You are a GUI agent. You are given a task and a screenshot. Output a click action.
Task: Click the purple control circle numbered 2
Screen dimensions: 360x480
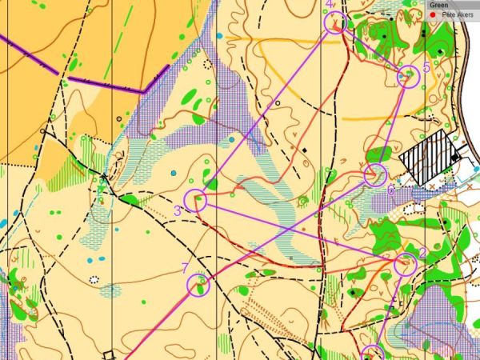coord(406,263)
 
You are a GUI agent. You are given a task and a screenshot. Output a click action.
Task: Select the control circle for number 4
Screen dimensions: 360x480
coord(336,22)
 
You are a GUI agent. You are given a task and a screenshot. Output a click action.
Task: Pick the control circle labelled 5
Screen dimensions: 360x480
coord(409,76)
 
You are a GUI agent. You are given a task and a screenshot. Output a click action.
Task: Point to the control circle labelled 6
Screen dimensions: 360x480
coord(375,174)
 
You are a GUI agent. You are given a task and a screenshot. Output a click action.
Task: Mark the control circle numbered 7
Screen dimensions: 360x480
coord(198,284)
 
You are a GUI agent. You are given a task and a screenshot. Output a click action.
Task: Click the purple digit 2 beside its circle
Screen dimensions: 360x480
coord(423,255)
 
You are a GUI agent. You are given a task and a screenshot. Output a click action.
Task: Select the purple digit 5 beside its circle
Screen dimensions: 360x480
coord(426,69)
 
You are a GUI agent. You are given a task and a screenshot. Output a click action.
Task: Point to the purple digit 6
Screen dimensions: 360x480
coord(390,190)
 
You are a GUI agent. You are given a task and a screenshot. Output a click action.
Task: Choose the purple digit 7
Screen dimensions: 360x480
coord(186,268)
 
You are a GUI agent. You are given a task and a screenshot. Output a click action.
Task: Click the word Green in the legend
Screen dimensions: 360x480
coord(438,5)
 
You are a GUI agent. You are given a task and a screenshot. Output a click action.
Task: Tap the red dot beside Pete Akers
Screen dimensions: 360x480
coord(433,14)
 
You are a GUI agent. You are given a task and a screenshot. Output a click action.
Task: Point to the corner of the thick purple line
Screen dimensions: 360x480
coord(142,92)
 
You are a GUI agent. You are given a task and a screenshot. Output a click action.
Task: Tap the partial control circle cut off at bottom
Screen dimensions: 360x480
coord(373,354)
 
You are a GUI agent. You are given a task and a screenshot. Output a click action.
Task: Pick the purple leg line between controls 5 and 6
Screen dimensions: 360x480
coord(392,125)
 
